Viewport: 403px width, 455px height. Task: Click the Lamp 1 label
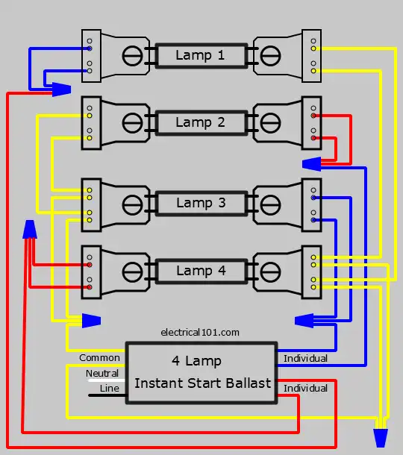(200, 55)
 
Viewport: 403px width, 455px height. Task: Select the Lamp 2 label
(200, 122)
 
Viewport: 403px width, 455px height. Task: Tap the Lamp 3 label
(201, 203)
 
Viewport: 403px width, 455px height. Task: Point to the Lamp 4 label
(201, 271)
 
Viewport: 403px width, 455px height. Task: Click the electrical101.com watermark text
(200, 332)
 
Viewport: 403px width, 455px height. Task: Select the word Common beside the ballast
(99, 358)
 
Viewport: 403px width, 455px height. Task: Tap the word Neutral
(102, 373)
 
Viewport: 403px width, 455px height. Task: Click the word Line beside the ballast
(109, 389)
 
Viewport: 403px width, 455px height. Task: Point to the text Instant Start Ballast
(202, 383)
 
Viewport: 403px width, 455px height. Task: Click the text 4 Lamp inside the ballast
(196, 361)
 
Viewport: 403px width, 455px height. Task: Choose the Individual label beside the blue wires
(305, 358)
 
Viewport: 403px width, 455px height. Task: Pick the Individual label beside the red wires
(305, 389)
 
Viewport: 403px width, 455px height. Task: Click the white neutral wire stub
(107, 380)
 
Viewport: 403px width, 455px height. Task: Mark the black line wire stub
(107, 395)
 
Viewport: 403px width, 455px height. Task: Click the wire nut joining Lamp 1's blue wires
(61, 90)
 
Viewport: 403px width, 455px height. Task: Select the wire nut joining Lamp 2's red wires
(311, 164)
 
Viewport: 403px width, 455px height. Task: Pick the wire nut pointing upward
(30, 229)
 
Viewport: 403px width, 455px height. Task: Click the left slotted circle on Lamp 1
(132, 56)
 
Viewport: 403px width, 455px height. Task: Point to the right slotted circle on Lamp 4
(270, 272)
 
